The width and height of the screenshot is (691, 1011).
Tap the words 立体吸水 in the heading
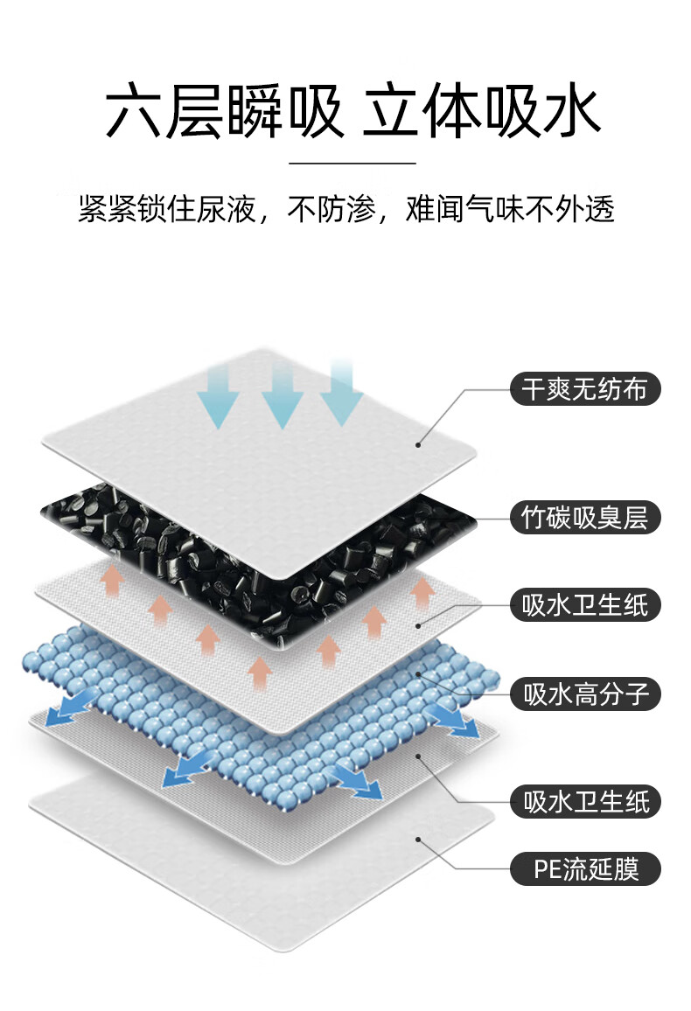482,112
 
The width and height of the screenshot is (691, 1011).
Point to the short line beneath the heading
352,163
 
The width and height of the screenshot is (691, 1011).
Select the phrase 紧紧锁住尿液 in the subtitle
165,210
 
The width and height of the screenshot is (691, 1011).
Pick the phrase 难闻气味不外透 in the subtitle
510,210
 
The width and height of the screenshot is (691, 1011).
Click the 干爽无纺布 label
585,388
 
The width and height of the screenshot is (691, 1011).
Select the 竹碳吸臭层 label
585,518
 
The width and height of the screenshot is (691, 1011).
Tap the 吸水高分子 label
585,694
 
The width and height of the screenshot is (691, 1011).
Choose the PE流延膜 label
585,869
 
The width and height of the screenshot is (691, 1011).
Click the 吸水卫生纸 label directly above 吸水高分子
585,605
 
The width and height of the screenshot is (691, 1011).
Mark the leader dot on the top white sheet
418,444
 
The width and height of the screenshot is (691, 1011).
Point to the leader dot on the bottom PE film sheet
418,840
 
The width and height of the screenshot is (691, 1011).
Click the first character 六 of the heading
133,112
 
